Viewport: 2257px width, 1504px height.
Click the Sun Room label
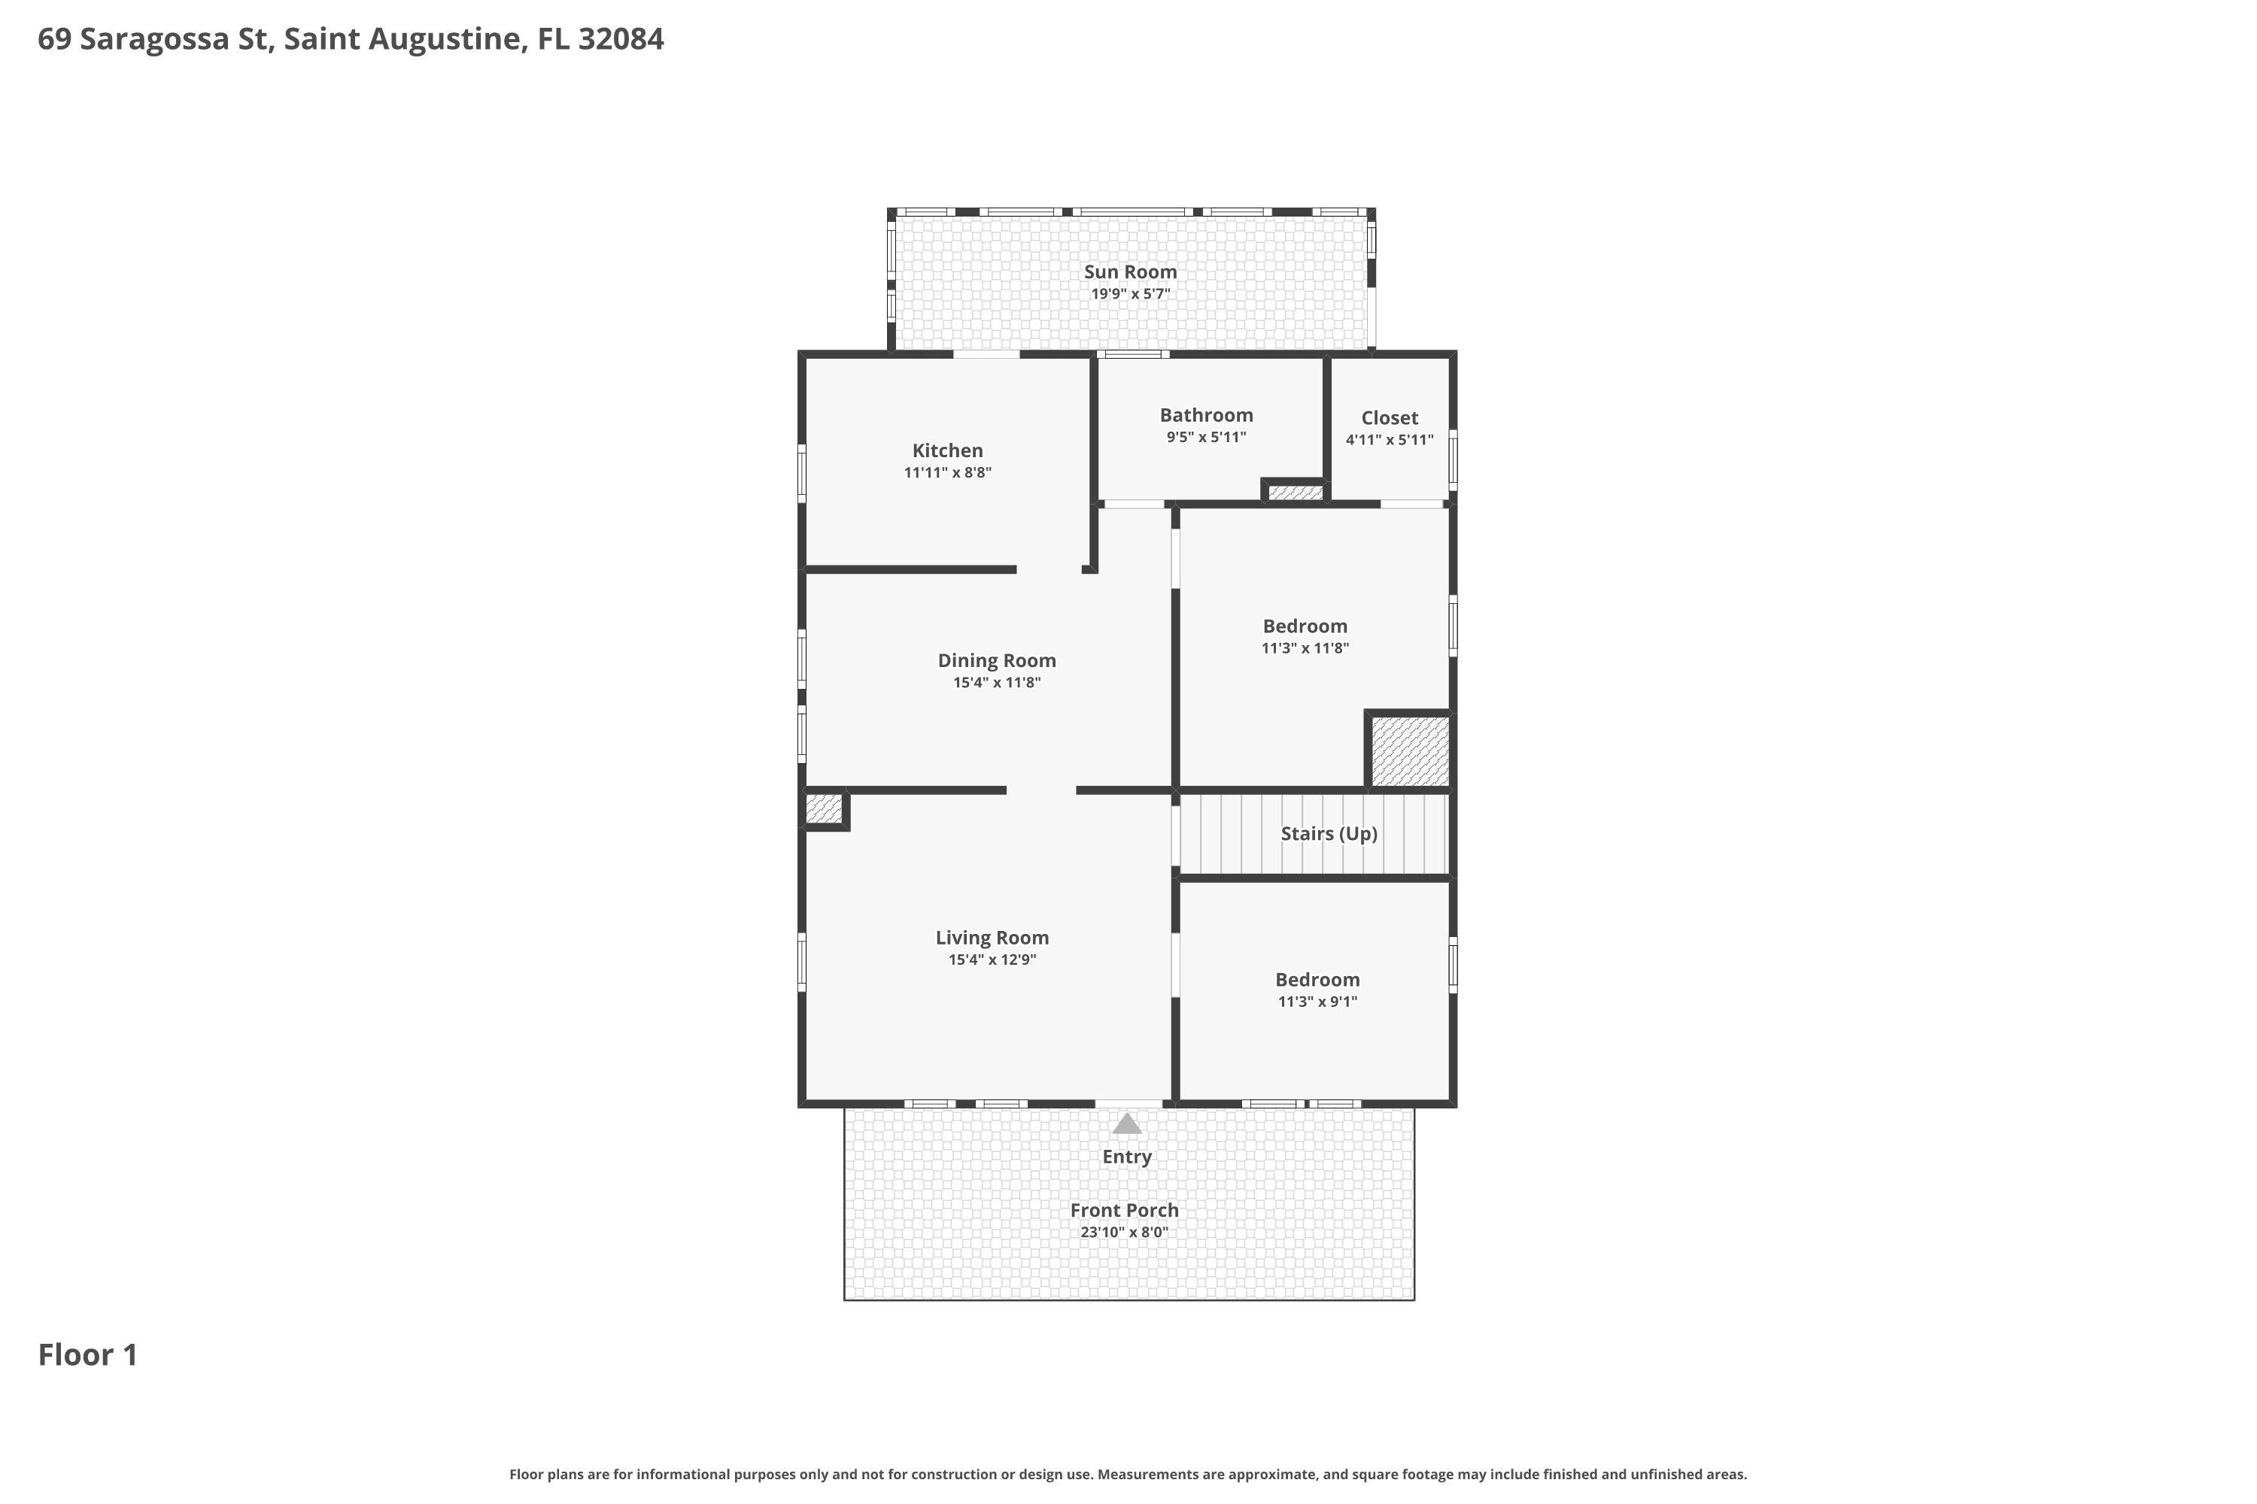(1131, 271)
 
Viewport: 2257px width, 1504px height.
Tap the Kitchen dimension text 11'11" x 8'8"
(947, 472)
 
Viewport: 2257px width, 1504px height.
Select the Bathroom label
(1206, 414)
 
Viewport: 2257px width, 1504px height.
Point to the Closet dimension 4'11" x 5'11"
(1390, 439)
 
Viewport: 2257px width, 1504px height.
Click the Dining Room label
(997, 660)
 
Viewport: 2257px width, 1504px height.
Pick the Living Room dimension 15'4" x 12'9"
(992, 960)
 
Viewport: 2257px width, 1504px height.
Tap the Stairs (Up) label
(1329, 833)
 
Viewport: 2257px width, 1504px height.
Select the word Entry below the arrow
(1126, 1157)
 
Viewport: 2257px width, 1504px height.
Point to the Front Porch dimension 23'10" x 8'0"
(1125, 1232)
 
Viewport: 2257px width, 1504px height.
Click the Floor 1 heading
(88, 1354)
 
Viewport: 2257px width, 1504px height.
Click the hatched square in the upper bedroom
(1408, 751)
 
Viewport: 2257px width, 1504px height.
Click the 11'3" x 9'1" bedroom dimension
(1317, 1002)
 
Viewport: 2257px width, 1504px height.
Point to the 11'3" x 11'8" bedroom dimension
(1305, 647)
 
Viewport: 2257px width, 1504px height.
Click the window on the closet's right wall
(1453, 460)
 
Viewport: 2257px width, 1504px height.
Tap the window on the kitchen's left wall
(802, 472)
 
